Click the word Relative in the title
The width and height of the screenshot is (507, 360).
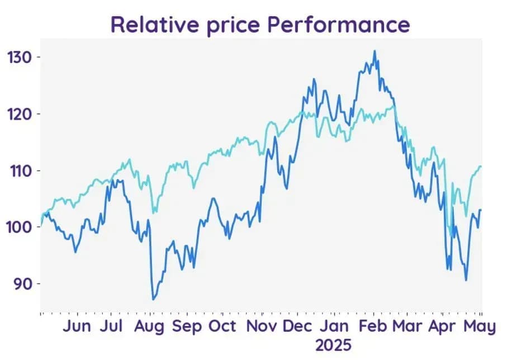[154, 24]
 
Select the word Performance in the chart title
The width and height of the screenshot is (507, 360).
[339, 24]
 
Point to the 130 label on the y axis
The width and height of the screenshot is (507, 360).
[20, 58]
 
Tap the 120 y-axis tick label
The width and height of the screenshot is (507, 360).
[20, 114]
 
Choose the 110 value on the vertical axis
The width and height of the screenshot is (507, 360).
[20, 171]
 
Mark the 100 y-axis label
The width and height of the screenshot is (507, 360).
[20, 228]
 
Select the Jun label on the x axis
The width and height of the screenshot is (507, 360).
[77, 326]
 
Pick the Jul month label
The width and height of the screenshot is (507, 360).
[111, 326]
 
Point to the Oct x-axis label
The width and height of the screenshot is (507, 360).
[222, 326]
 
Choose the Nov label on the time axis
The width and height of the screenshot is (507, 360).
[262, 326]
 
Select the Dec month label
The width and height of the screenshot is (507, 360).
[297, 326]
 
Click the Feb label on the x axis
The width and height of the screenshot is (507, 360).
[373, 326]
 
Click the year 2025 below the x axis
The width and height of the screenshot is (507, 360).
[333, 345]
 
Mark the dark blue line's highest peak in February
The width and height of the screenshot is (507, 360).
[375, 50]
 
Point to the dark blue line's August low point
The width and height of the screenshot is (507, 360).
[153, 300]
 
